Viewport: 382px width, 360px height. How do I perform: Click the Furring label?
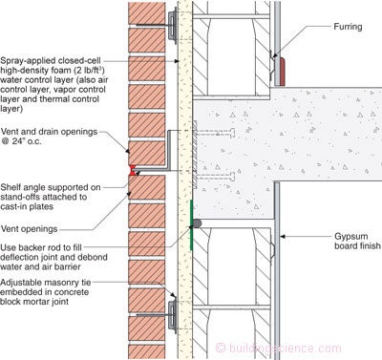click(x=348, y=27)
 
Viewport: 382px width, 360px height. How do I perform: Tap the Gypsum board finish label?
click(x=357, y=241)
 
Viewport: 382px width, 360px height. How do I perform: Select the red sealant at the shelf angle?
click(x=132, y=170)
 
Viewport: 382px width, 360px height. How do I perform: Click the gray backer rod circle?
click(x=197, y=223)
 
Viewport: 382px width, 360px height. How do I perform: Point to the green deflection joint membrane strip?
click(x=191, y=224)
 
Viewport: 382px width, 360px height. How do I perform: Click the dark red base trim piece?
click(x=282, y=72)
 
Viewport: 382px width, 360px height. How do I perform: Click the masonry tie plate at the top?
click(x=172, y=26)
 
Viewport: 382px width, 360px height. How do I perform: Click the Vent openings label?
click(x=30, y=228)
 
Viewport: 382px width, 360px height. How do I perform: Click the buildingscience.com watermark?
click(x=279, y=348)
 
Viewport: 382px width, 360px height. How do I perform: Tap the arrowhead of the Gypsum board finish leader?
click(x=283, y=237)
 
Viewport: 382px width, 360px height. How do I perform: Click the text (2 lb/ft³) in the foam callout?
click(x=86, y=70)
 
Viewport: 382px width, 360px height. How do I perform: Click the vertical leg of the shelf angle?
click(x=170, y=150)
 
